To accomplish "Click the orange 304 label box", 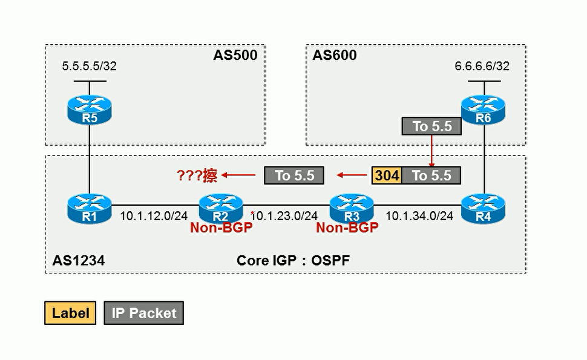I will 387,175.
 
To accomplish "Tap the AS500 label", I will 235,56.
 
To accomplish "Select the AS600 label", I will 335,56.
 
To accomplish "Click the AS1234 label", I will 79,260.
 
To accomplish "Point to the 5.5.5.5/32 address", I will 90,66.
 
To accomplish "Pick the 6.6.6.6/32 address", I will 482,66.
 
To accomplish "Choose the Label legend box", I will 70,313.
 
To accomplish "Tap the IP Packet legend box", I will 144,313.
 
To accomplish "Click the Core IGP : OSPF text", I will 293,260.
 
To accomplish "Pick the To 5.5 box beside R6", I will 431,126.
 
